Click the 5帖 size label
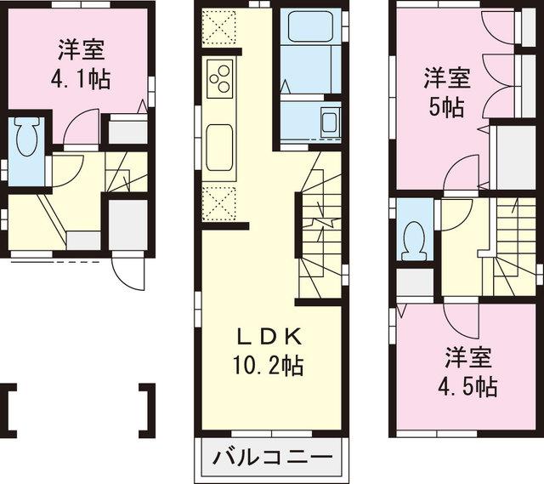click(445, 106)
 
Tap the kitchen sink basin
click(219, 142)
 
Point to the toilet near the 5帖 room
click(415, 236)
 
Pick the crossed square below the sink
click(220, 202)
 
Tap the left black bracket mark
click(12, 411)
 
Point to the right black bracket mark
click(148, 411)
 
